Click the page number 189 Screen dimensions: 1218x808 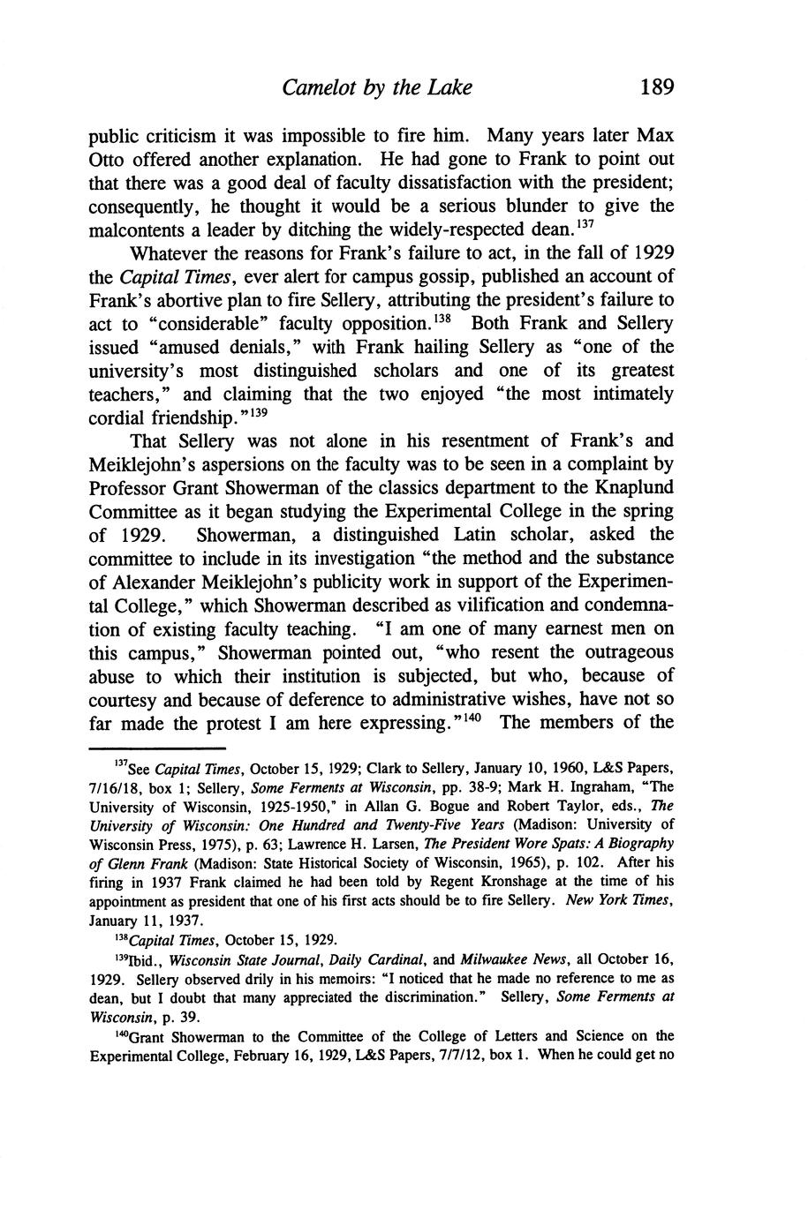point(657,87)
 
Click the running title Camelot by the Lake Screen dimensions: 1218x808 point(377,87)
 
